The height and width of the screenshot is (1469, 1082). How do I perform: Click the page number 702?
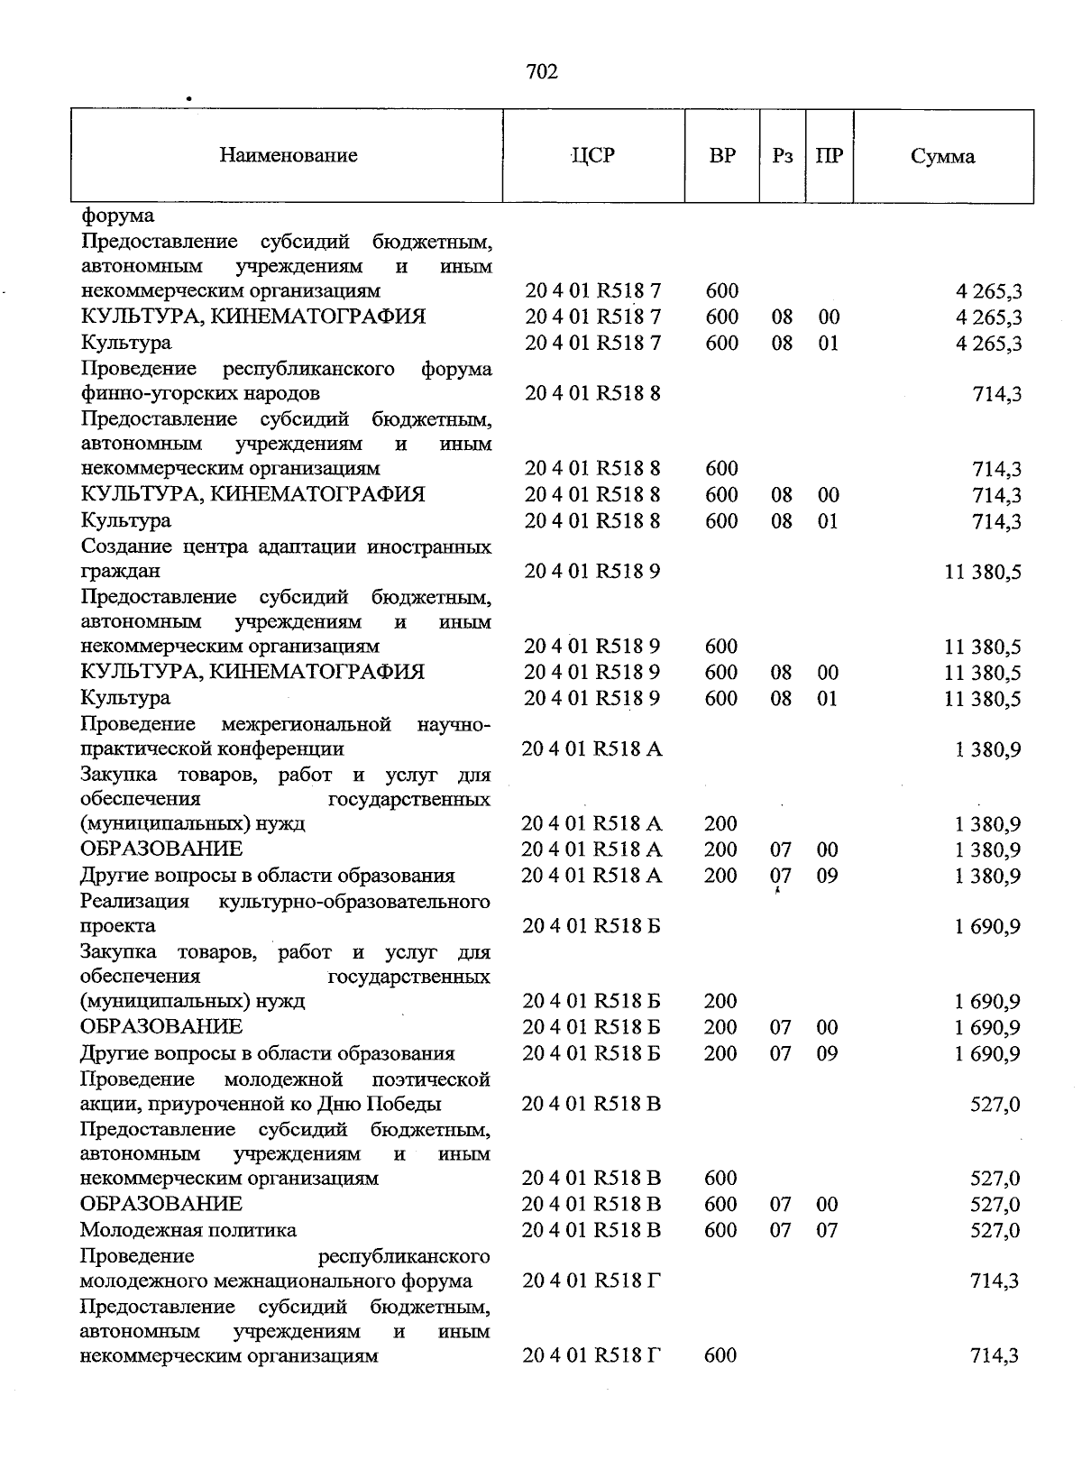tap(542, 72)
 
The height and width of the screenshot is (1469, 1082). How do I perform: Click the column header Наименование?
tap(288, 156)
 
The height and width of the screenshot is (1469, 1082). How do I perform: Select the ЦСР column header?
tap(593, 156)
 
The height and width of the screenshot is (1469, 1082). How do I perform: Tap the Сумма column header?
tap(942, 157)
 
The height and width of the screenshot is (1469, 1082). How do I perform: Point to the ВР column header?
tap(721, 156)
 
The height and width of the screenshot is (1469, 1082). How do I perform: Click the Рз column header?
tap(783, 156)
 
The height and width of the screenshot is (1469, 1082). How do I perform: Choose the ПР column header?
tap(829, 156)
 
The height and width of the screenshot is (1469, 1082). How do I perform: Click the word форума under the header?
tap(117, 216)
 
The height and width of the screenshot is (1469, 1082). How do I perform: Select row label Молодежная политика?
tap(188, 1230)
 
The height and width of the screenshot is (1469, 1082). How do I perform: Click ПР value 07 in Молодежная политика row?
tap(827, 1230)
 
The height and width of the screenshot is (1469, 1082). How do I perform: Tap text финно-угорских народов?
tap(200, 393)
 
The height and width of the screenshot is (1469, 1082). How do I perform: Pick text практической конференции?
tap(212, 748)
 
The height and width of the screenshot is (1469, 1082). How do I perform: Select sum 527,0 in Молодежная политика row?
tap(995, 1231)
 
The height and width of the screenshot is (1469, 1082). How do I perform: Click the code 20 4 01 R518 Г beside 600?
tap(591, 1355)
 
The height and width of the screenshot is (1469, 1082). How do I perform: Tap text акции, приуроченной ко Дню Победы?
tap(261, 1104)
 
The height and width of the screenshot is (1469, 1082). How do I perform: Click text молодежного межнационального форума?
tap(276, 1281)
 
